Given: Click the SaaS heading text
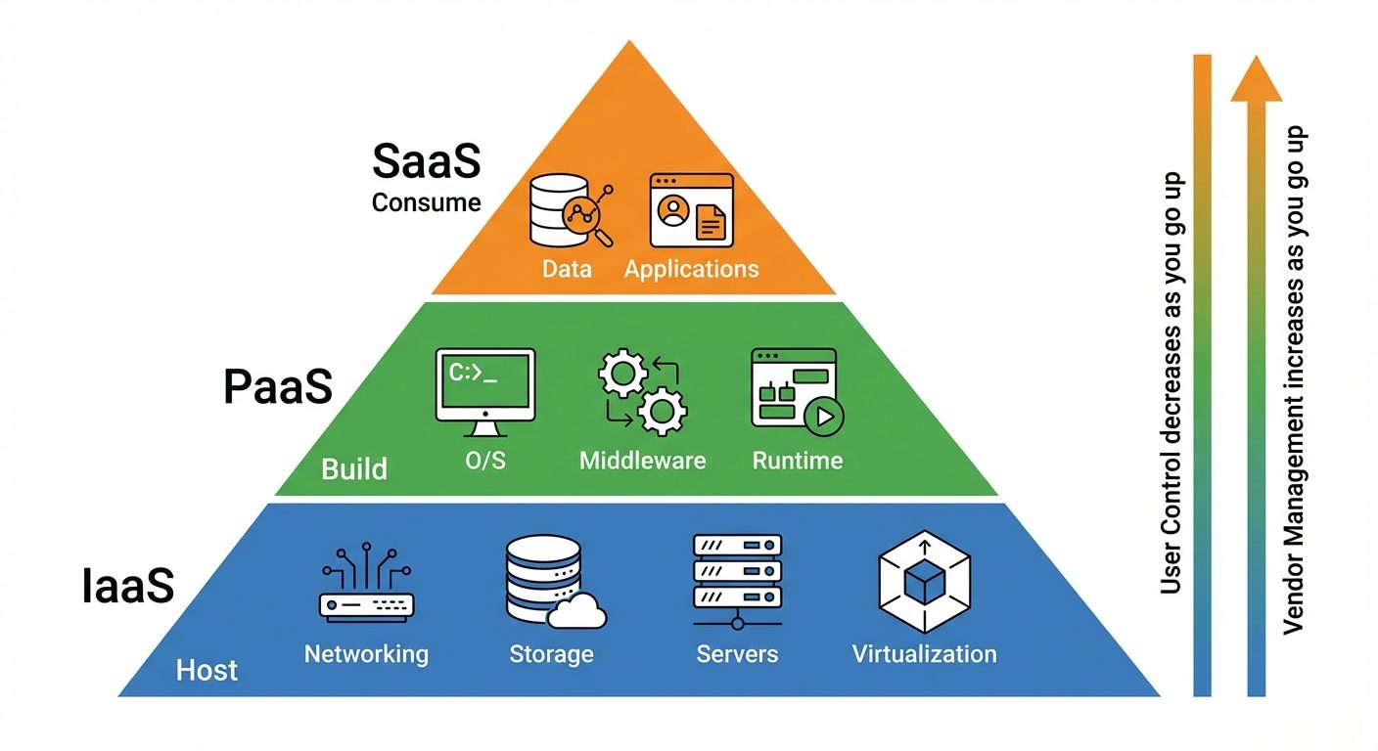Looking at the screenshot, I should coord(426,161).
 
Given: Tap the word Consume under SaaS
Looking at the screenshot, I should coord(426,202).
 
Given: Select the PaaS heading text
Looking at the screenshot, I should coord(278,387).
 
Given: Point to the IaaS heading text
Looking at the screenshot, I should coord(127,587).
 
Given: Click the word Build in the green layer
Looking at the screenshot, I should coord(354,468).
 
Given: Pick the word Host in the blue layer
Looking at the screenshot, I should coord(207,671).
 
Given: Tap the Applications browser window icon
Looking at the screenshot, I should coord(691,209).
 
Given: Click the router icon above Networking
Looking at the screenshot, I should coord(366,586).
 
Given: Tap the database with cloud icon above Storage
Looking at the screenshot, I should coord(552,585).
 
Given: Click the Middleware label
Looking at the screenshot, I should coord(642,460).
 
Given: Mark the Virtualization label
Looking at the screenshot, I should coord(924,653).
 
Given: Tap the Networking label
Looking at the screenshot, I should coord(366,653).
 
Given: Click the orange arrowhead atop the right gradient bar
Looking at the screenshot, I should coord(1256,79).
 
